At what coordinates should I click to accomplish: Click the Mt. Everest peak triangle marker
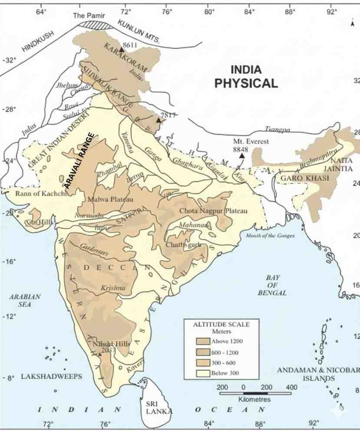[242, 155]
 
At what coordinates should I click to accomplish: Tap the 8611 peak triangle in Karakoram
[122, 50]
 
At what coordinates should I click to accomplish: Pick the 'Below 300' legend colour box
[203, 373]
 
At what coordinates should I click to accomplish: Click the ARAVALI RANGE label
[79, 160]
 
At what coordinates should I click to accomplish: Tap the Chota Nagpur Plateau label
[213, 211]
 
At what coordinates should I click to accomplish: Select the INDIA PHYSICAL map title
[246, 76]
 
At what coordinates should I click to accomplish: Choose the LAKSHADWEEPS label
[52, 377]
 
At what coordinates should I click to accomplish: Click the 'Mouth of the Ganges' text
[270, 236]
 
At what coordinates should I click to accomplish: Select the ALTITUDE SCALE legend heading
[221, 324]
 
